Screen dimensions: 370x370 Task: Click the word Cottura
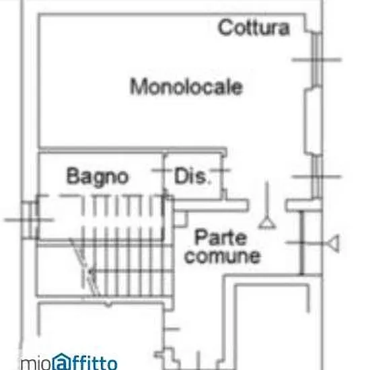[254, 28]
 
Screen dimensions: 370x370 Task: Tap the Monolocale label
[186, 87]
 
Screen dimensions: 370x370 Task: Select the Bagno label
[98, 176]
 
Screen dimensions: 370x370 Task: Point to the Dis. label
[192, 176]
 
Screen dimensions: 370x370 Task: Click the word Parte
[221, 237]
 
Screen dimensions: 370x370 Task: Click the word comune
[223, 256]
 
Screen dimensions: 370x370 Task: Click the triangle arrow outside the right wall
[333, 243]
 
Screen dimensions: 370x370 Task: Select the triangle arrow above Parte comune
[267, 223]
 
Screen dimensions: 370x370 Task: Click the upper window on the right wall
[317, 59]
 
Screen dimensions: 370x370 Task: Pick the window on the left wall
[30, 220]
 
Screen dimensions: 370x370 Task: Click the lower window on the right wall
[317, 176]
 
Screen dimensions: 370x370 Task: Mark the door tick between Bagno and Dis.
[162, 170]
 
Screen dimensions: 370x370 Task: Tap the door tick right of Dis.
[221, 170]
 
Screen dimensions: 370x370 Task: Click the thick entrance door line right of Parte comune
[302, 243]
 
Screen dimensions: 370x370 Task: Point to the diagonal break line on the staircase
[85, 267]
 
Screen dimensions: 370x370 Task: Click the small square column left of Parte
[181, 219]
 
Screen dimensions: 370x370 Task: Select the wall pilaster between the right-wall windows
[313, 121]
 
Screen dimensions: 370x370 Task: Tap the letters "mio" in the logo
[36, 364]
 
